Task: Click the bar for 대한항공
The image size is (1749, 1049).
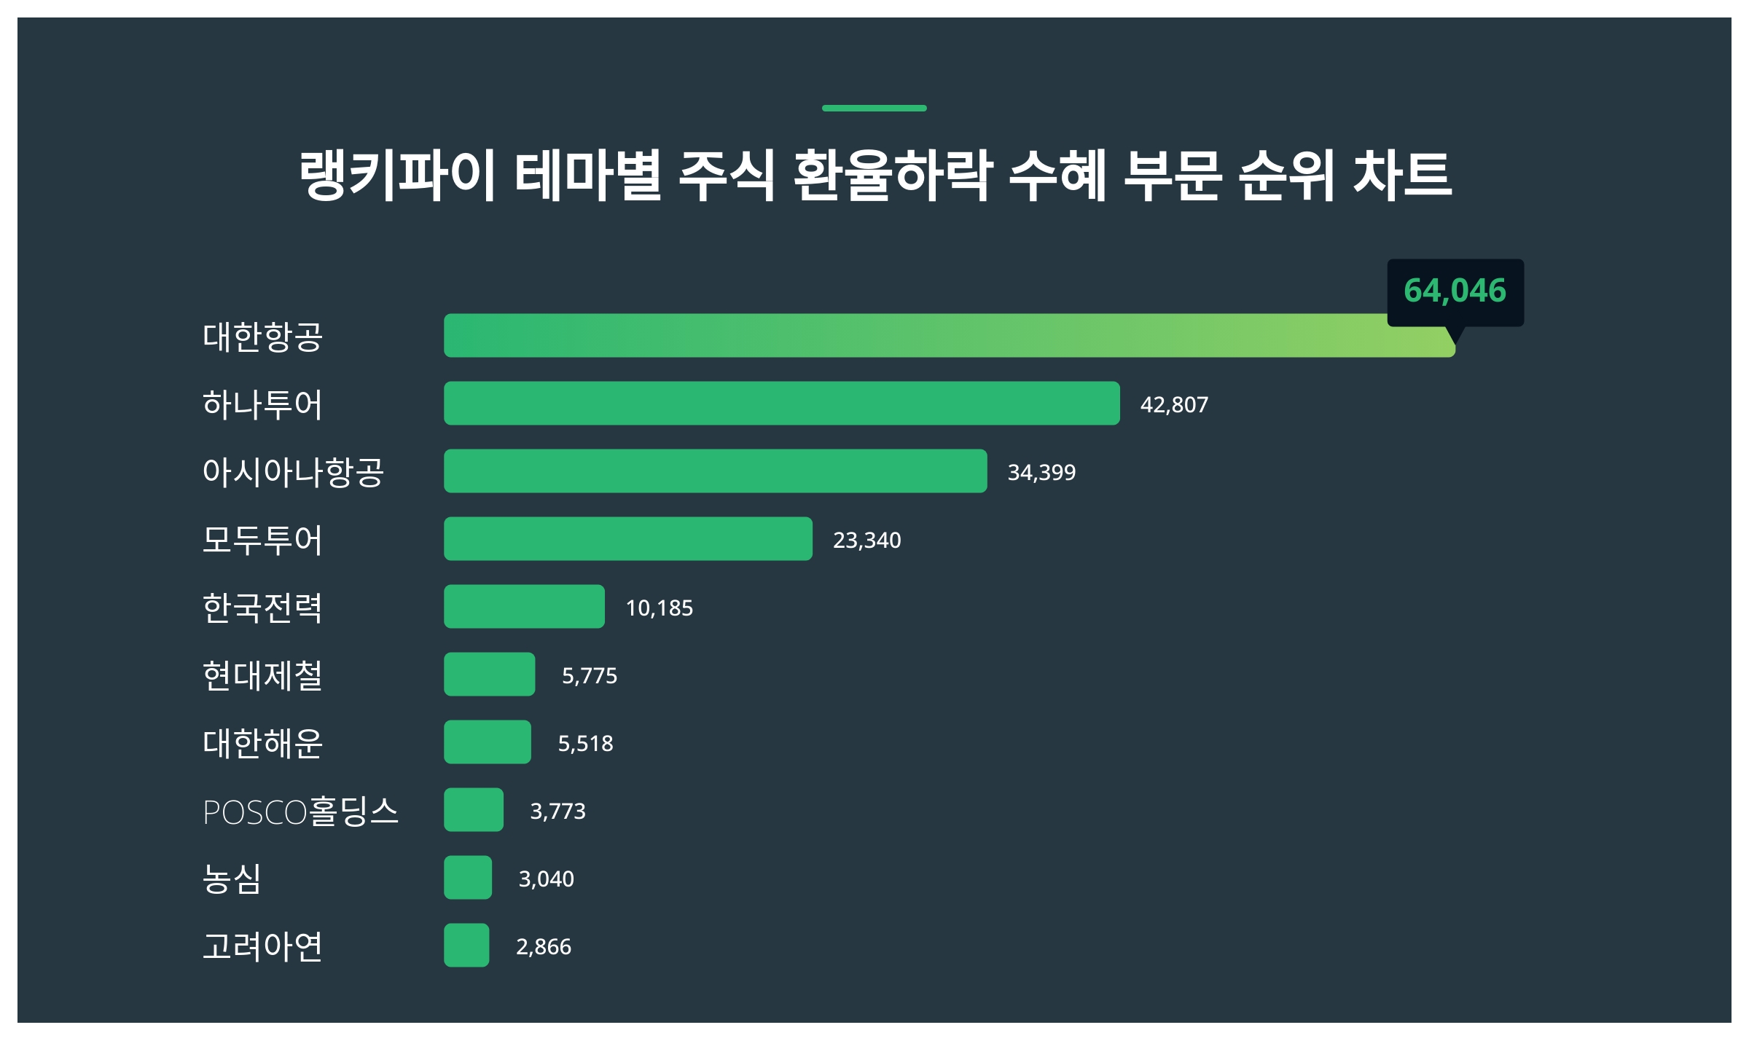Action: pos(947,336)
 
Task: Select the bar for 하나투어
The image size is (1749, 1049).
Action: pos(781,404)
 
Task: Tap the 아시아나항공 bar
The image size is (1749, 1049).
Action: pos(715,471)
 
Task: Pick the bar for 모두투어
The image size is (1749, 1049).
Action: pos(627,539)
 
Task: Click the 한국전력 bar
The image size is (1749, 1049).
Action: pos(524,607)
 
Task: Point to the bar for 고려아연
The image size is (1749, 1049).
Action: pos(466,946)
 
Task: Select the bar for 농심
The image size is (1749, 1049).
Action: pos(468,878)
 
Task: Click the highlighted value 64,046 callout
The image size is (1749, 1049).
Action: pos(1455,291)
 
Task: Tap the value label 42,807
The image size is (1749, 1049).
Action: pos(1174,405)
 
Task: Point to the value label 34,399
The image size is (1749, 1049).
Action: pos(1041,473)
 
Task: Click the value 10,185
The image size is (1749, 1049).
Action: pos(659,608)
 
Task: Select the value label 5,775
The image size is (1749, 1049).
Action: pos(589,676)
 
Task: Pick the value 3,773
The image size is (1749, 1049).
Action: pos(557,812)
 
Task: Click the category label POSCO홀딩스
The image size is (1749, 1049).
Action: pos(300,812)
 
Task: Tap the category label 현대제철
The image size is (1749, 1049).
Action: pos(262,675)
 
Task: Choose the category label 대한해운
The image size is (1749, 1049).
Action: pos(262,743)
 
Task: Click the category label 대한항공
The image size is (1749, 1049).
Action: pos(262,337)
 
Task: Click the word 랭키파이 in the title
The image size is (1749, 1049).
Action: pos(397,175)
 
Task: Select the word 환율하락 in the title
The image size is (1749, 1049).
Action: pos(892,175)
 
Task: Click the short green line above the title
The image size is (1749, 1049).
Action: pos(874,109)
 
